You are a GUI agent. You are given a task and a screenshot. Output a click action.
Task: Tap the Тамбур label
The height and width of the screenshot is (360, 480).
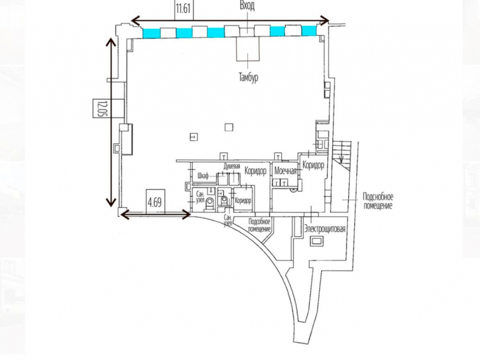click(x=248, y=78)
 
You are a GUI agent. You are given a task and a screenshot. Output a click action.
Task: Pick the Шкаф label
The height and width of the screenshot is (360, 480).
click(x=202, y=177)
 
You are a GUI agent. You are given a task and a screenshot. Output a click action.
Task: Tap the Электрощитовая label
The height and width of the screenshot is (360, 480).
click(x=325, y=229)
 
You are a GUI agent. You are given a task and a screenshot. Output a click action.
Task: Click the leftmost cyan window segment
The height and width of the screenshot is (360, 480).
click(x=152, y=33)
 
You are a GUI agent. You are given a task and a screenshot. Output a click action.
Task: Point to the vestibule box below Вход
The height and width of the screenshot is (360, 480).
click(x=248, y=48)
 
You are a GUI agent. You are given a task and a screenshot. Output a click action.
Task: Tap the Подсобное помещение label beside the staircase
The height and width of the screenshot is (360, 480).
click(x=378, y=201)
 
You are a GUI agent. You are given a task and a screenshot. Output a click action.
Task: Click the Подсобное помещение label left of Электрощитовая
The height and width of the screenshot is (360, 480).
click(x=260, y=225)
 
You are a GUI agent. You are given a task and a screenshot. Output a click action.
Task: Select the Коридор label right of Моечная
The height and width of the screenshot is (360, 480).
click(x=313, y=165)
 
